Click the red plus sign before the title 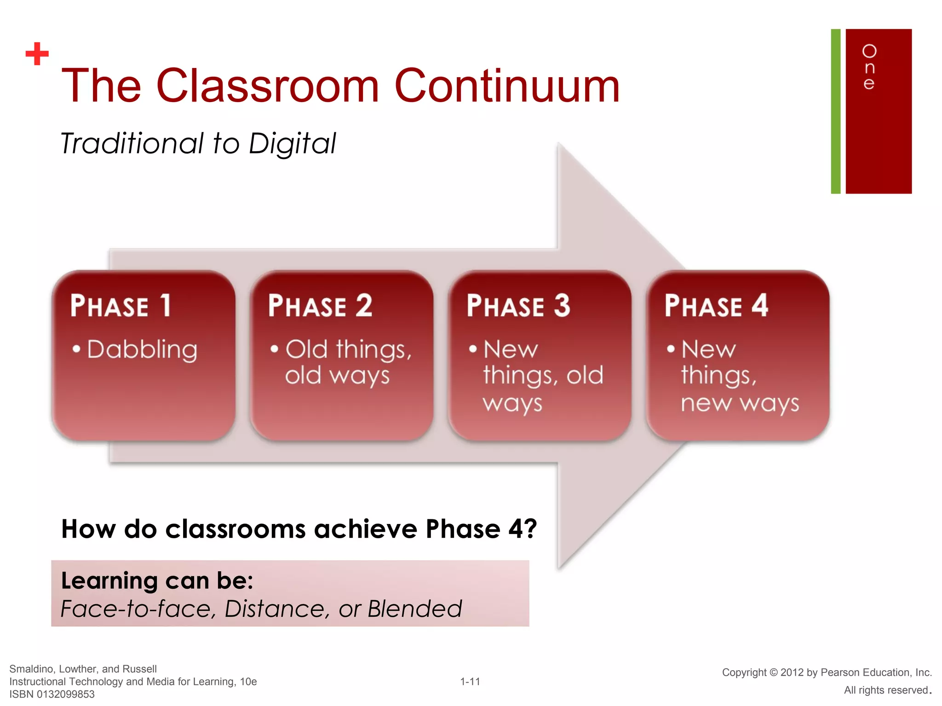[x=37, y=54]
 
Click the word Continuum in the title [x=507, y=86]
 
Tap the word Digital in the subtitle [x=292, y=143]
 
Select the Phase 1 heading [x=121, y=306]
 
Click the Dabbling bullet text [x=142, y=350]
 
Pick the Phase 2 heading [x=320, y=306]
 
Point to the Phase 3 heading [x=518, y=306]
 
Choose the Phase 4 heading [x=716, y=306]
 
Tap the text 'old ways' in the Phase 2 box [x=337, y=376]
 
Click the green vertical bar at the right [x=835, y=111]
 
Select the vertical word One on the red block [x=869, y=67]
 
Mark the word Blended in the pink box [x=414, y=609]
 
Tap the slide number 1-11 [x=470, y=682]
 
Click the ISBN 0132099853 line [x=52, y=694]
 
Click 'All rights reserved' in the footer [x=885, y=690]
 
